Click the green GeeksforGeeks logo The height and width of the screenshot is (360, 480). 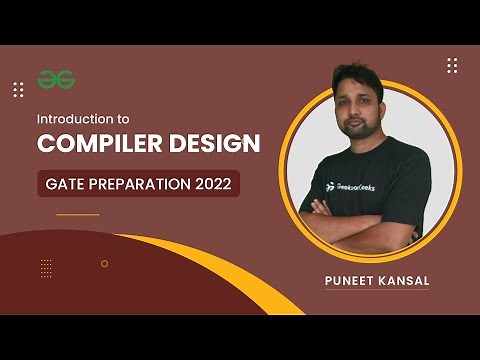pos(57,78)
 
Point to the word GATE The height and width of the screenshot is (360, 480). pos(67,184)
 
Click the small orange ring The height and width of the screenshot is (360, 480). pos(104,264)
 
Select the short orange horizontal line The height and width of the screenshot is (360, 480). pos(78,214)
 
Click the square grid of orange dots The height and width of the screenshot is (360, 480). pos(46,267)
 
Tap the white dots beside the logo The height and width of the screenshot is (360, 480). pos(18,90)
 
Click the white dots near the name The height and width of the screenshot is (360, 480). pos(452,65)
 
